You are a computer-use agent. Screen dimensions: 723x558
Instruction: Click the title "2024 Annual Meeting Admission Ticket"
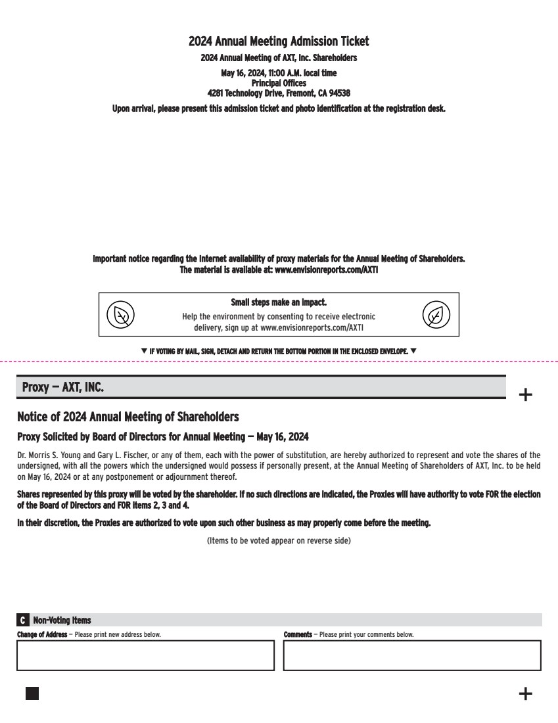tap(279, 41)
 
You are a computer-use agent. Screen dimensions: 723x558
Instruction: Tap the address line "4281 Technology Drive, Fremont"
tap(279, 93)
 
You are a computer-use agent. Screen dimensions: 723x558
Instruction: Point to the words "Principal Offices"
tap(279, 83)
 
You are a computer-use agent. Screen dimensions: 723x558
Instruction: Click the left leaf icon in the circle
tap(121, 315)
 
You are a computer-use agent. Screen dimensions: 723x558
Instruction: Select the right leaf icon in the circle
tap(436, 315)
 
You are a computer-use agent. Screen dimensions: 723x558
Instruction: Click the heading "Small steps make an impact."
tap(279, 303)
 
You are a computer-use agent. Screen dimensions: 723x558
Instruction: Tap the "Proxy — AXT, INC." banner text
tap(63, 387)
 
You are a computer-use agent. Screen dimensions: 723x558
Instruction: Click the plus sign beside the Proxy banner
tap(526, 395)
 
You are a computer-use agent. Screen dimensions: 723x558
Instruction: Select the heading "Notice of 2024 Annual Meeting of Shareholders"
tap(128, 417)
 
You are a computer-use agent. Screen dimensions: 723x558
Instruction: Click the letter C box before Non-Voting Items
tap(23, 620)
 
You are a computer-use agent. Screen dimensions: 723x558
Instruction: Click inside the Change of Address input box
tap(145, 655)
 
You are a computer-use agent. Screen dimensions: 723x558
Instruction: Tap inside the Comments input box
tap(412, 655)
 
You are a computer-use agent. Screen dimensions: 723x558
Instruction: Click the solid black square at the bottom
tap(32, 693)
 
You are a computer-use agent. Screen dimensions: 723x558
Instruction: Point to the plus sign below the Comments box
tap(526, 693)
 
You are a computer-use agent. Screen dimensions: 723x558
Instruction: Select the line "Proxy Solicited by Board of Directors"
tap(162, 436)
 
